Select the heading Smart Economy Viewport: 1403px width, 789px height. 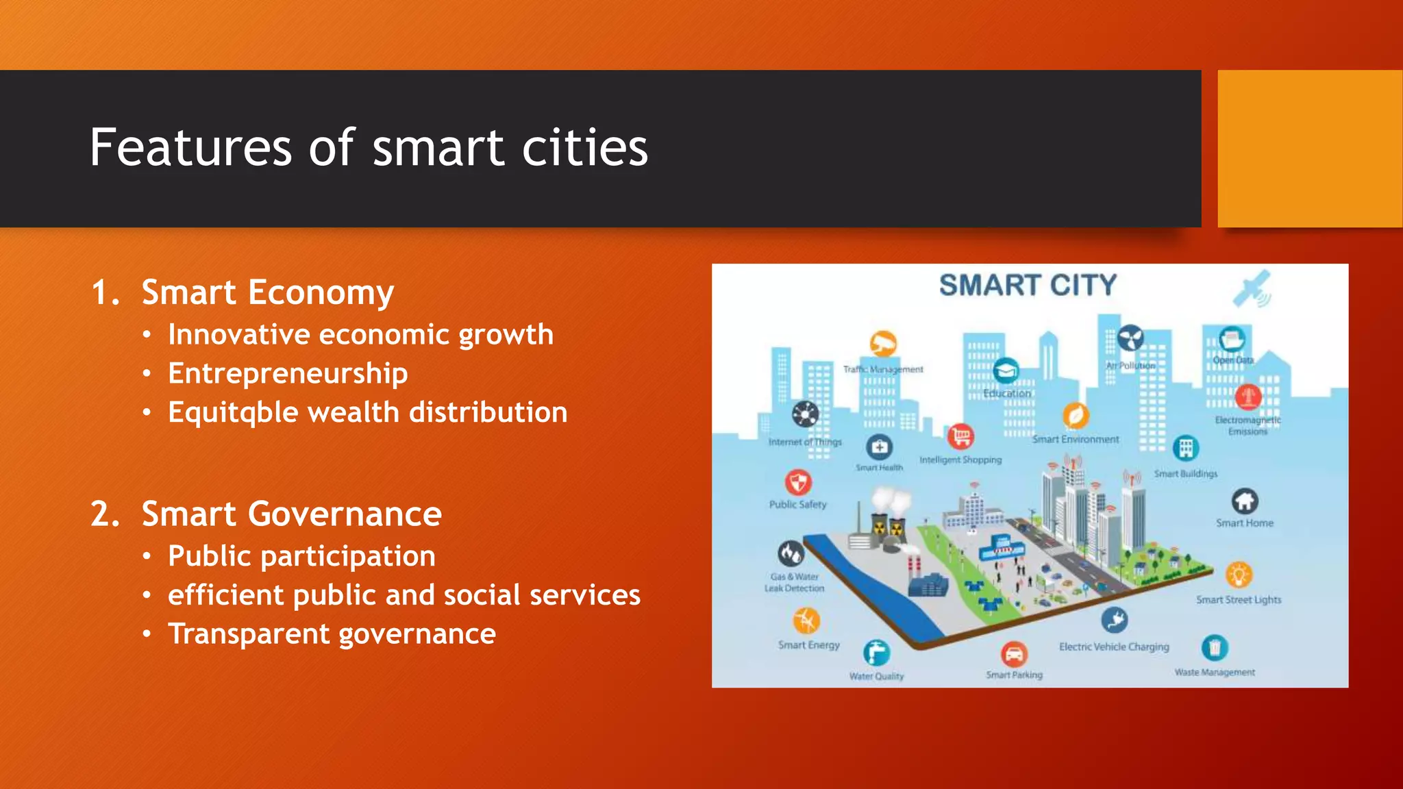tap(267, 292)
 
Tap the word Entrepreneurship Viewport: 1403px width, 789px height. tap(288, 374)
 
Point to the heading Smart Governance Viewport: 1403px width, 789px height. tap(291, 514)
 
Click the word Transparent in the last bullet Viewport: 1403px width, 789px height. tap(247, 634)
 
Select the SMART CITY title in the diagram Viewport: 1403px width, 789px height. tap(1028, 286)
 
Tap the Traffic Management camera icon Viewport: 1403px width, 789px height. tap(883, 344)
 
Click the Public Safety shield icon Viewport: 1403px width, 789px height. tap(798, 482)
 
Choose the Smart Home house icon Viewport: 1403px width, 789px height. tap(1245, 501)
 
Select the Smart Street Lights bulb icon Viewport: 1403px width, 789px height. tap(1239, 575)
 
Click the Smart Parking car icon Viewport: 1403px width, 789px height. tap(1014, 654)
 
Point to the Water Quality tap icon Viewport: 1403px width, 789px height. tap(876, 653)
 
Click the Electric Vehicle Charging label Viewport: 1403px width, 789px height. tap(1114, 647)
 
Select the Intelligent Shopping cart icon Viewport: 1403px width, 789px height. tap(960, 436)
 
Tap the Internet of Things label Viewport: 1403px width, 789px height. tap(805, 442)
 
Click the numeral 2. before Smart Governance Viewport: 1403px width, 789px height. tap(105, 514)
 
